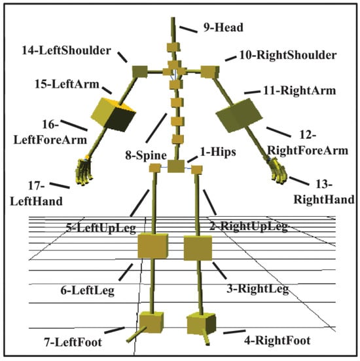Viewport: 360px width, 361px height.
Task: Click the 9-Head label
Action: click(x=223, y=28)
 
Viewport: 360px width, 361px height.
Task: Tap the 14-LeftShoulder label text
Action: click(x=66, y=50)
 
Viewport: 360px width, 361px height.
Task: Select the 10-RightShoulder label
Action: click(x=288, y=55)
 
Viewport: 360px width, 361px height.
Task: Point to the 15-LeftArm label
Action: click(x=67, y=85)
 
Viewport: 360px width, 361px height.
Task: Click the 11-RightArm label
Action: click(x=300, y=90)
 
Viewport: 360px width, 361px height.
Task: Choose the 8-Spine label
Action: click(x=146, y=155)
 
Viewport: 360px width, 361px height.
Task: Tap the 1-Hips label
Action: click(x=218, y=152)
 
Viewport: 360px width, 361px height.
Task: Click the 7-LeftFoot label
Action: click(x=73, y=342)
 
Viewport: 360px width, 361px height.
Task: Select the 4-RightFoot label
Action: click(x=277, y=340)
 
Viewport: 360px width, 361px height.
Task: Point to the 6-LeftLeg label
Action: click(x=88, y=290)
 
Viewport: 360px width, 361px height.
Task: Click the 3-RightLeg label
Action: click(x=258, y=289)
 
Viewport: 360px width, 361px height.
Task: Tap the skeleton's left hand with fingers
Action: click(x=84, y=172)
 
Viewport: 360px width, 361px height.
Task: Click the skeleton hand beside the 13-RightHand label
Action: click(x=278, y=170)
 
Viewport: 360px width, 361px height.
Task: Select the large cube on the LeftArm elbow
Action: click(x=113, y=115)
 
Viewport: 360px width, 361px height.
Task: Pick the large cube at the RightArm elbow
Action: click(x=239, y=115)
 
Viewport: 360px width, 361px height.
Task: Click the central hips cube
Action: click(x=176, y=166)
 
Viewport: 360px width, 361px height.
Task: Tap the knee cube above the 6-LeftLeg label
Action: click(x=153, y=246)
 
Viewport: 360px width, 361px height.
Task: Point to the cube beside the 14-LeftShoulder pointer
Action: click(x=140, y=71)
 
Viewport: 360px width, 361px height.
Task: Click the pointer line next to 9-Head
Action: click(x=188, y=29)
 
